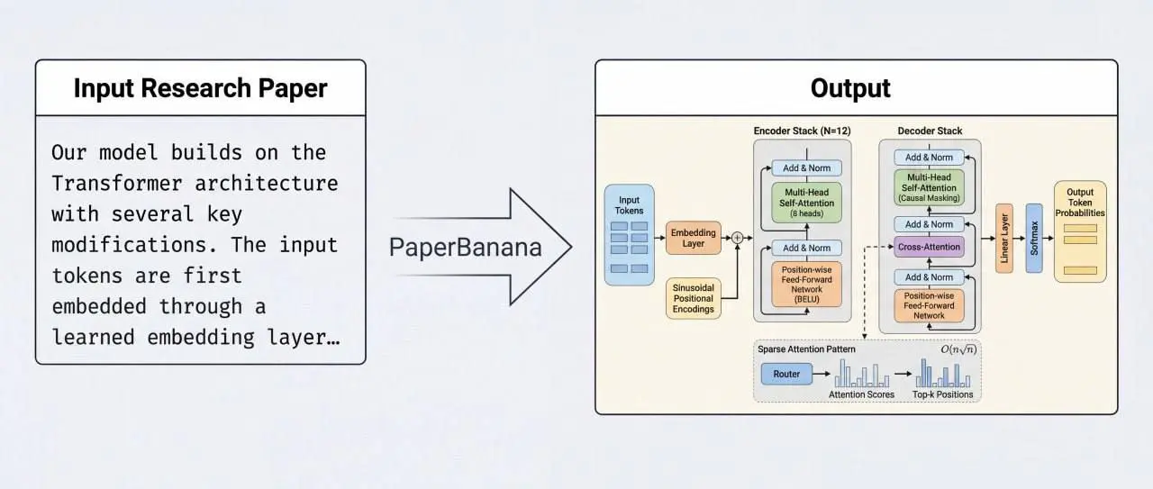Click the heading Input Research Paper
200,88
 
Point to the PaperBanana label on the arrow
465,246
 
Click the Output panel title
849,88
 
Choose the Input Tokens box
629,235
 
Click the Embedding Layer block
694,238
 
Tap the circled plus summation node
737,238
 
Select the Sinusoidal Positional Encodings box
694,298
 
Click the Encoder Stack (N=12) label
801,131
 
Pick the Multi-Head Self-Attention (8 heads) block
806,203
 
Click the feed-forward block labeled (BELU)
806,284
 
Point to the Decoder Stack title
929,131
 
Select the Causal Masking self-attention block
929,187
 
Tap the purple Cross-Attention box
929,246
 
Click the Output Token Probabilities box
1079,231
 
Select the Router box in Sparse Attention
785,374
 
